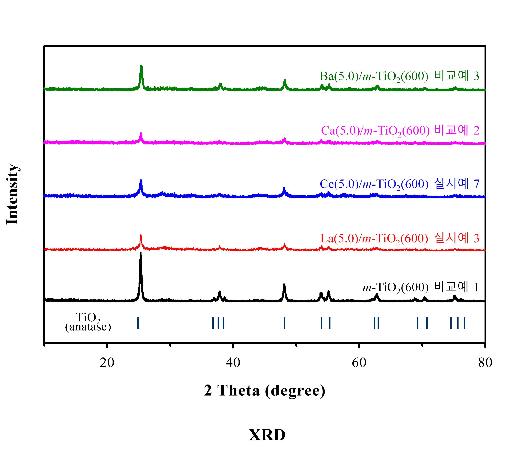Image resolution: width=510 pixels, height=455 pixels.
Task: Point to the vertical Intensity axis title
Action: pos(12,194)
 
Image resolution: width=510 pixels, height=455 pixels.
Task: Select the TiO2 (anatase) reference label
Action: pos(88,323)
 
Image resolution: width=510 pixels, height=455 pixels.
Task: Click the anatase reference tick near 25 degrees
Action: pos(138,323)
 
